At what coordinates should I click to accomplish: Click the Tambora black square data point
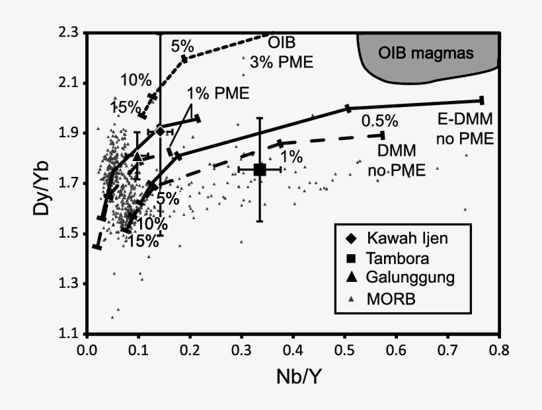(260, 170)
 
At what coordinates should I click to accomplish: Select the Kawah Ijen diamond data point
(159, 131)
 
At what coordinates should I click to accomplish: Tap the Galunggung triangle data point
(137, 156)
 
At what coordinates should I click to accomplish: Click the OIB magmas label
(426, 53)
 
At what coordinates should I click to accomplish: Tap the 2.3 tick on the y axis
(67, 32)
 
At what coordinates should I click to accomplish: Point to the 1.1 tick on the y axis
(67, 334)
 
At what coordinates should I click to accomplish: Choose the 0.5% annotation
(379, 121)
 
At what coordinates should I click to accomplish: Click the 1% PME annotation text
(217, 93)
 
